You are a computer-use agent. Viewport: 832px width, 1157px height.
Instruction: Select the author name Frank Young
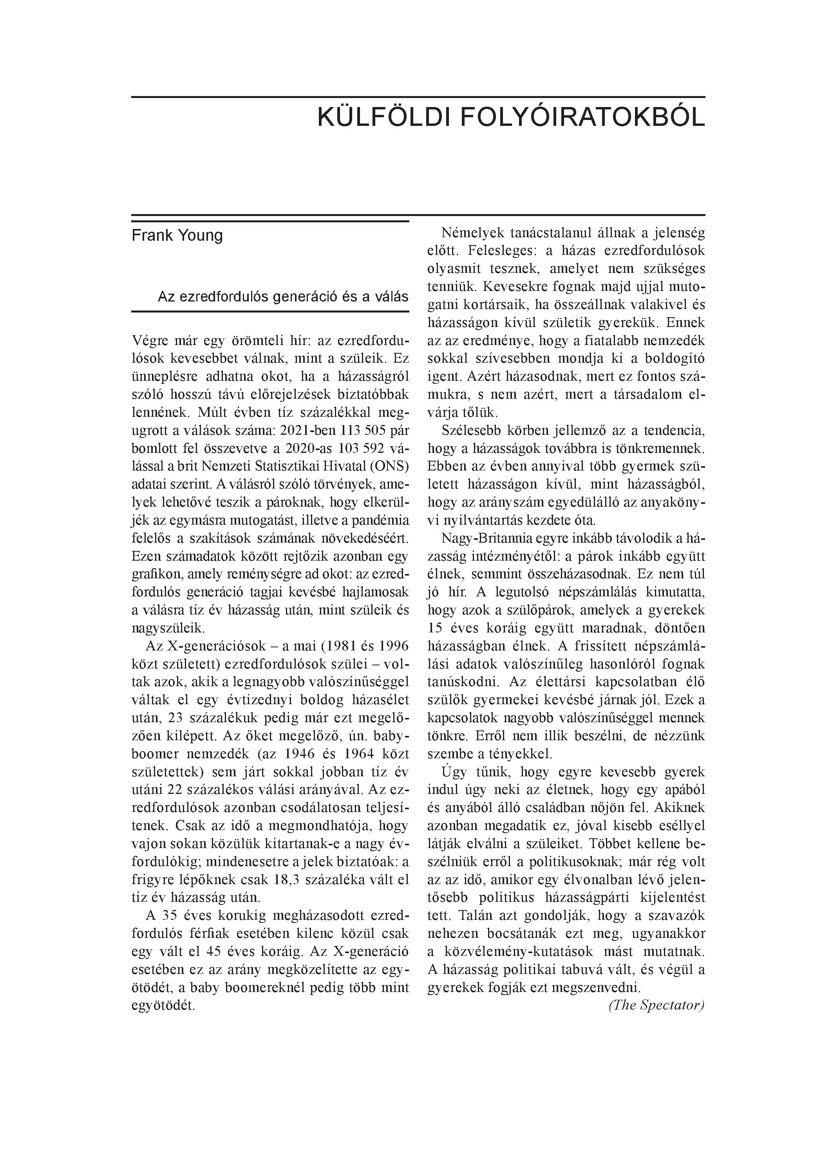point(177,236)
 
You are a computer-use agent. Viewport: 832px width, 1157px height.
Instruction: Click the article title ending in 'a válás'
point(283,296)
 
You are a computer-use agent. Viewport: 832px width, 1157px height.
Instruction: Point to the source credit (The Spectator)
point(656,1005)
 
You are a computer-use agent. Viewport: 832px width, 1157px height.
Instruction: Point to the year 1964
point(361,754)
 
